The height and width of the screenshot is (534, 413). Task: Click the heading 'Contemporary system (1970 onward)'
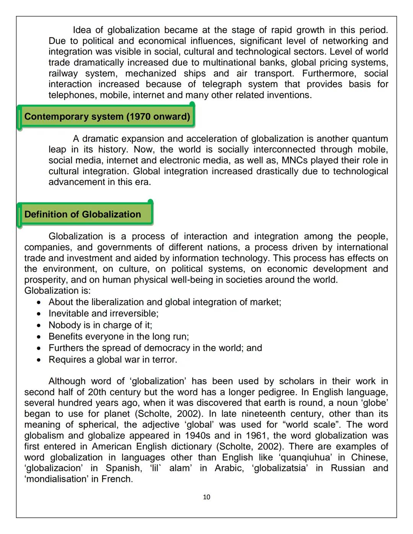click(x=107, y=117)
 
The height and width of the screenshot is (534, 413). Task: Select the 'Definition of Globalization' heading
click(x=83, y=214)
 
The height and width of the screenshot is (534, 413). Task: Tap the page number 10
click(x=206, y=497)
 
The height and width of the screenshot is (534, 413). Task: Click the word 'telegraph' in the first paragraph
click(x=222, y=84)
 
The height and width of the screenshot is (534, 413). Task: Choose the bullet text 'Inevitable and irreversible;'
click(x=103, y=313)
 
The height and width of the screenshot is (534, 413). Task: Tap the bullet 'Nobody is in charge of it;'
click(x=100, y=325)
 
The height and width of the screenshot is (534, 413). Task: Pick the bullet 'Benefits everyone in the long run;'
click(x=119, y=336)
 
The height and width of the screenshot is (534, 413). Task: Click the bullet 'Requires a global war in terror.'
click(x=113, y=360)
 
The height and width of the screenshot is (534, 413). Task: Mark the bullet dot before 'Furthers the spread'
click(x=39, y=348)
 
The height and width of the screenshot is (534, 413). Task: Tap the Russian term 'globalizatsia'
click(x=280, y=468)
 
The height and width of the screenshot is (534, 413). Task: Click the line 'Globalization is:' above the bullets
click(x=57, y=291)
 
